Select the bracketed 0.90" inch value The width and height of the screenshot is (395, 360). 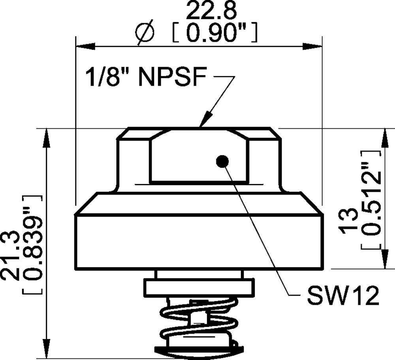tap(216, 34)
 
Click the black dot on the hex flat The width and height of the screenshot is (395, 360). tap(222, 161)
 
